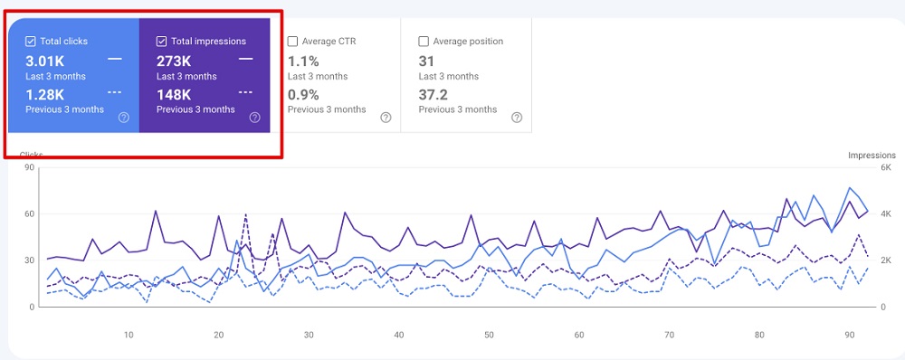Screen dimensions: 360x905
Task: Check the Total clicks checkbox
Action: [32, 42]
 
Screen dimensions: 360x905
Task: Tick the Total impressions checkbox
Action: [162, 42]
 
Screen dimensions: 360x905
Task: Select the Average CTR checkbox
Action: [293, 42]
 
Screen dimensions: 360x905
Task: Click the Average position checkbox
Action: [424, 42]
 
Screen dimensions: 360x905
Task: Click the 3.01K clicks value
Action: [46, 61]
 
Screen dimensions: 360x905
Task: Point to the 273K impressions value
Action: [174, 61]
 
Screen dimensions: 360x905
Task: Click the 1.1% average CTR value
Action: [303, 61]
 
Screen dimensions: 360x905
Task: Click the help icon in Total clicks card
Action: [124, 117]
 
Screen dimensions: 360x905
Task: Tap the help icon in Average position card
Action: [517, 117]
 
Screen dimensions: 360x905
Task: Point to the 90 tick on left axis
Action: [29, 167]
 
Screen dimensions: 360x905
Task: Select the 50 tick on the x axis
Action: [489, 335]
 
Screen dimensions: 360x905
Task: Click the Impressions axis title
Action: [872, 156]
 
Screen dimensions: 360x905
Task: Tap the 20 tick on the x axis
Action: [218, 335]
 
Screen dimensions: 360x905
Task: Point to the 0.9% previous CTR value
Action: [303, 93]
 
